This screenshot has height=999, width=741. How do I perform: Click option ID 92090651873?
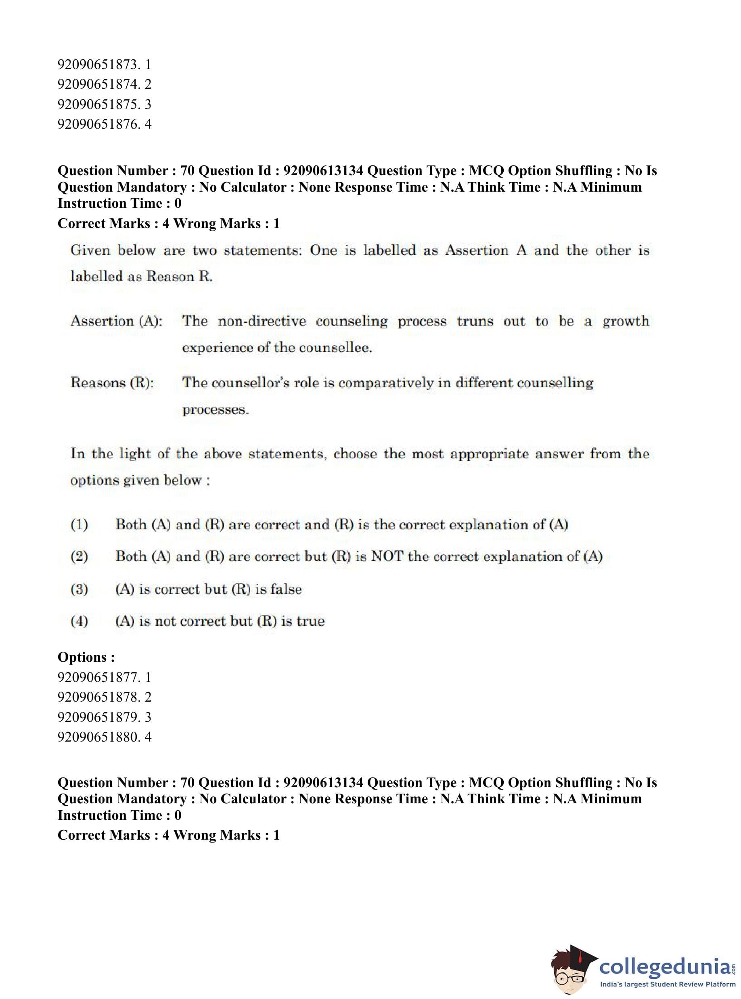pyautogui.click(x=104, y=65)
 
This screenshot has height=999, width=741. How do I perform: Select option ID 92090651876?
pyautogui.click(x=104, y=124)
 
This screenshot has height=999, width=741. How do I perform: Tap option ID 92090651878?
pyautogui.click(x=104, y=697)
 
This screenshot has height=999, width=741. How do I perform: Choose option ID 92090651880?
pyautogui.click(x=104, y=736)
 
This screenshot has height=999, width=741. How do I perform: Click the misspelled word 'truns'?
pyautogui.click(x=475, y=321)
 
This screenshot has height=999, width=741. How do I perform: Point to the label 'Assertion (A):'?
pyautogui.click(x=117, y=321)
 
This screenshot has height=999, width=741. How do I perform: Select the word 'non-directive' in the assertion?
pyautogui.click(x=262, y=321)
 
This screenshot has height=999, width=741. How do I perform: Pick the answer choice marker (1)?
pyautogui.click(x=80, y=525)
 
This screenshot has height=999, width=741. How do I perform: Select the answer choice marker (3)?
pyautogui.click(x=80, y=589)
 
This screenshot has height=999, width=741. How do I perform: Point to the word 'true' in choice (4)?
pyautogui.click(x=310, y=621)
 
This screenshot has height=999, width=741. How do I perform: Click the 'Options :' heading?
pyautogui.click(x=86, y=657)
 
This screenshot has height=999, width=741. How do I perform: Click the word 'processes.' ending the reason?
pyautogui.click(x=215, y=410)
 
